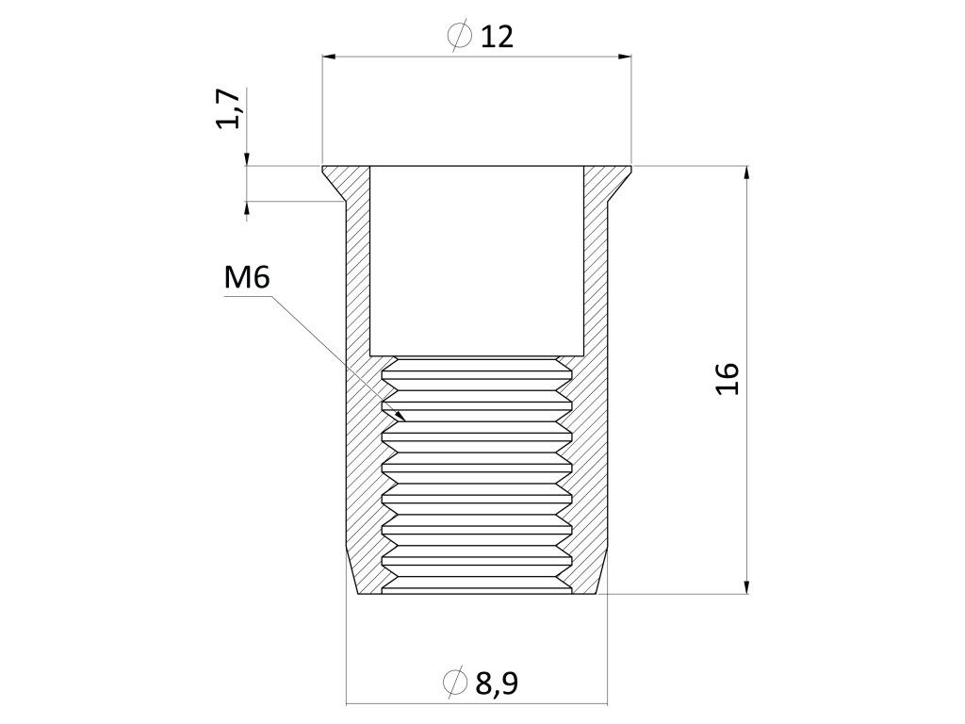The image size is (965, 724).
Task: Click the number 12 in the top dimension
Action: pos(497,37)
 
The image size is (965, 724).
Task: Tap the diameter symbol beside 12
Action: pos(459,37)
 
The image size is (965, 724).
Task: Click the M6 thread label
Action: pos(248,278)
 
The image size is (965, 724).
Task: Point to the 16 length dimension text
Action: pos(728,378)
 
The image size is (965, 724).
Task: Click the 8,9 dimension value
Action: pos(497,683)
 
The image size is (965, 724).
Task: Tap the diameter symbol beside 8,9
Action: pos(455,682)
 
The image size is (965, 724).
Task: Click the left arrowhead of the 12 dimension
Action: pos(329,58)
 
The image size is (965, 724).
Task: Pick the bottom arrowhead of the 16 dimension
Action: pos(746,588)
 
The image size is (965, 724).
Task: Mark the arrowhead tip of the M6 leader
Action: pos(404,419)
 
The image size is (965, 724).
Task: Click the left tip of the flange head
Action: pos(324,169)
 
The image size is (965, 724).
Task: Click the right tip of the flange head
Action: pos(630,169)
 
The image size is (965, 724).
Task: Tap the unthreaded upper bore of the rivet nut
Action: pos(477,259)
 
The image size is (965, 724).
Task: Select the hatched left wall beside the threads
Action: pos(364,471)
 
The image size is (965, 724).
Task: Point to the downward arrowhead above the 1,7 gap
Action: pos(247,159)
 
